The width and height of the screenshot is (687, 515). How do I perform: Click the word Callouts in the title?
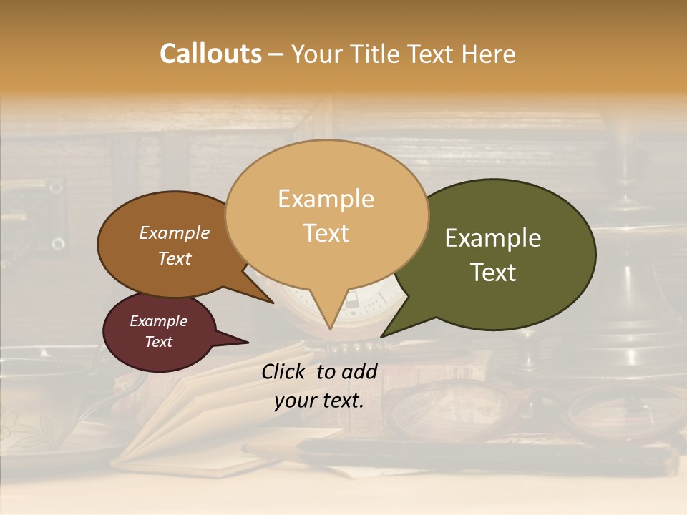210,54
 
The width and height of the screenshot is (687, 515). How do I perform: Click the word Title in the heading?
373,54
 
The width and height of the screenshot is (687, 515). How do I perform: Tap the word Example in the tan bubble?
326,199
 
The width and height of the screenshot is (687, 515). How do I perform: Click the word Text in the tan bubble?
326,233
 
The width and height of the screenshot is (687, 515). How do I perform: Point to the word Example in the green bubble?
493,238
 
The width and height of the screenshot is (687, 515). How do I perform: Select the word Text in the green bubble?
494,273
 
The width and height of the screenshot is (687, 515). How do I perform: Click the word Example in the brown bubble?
175,232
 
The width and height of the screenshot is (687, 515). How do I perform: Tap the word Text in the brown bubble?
175,258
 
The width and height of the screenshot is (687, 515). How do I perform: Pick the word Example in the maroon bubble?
159,321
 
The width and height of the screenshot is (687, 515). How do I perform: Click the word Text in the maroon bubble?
159,342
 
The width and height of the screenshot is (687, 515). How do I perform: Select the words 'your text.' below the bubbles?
319,401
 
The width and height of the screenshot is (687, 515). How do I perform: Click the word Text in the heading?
433,54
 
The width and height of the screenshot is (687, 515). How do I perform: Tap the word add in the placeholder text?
361,371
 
